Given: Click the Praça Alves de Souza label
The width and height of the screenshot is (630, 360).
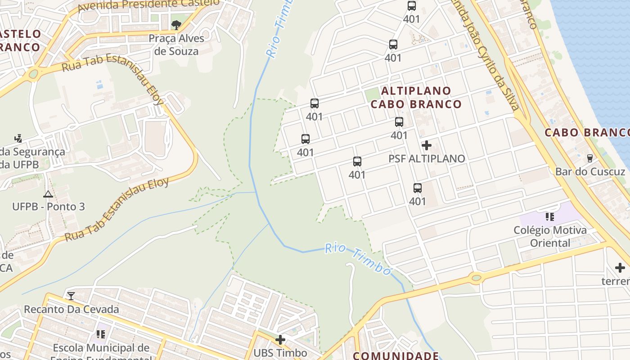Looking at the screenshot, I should (x=176, y=45).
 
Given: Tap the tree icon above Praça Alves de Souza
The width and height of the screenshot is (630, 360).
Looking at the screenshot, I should (x=176, y=25).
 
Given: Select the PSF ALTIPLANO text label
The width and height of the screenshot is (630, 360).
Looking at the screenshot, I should (x=427, y=158).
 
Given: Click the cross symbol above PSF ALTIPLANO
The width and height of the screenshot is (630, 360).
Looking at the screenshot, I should (x=427, y=145).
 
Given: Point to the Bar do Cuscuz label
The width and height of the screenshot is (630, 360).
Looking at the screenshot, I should (x=590, y=171).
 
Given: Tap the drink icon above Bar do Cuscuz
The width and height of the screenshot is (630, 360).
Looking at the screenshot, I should (x=589, y=158).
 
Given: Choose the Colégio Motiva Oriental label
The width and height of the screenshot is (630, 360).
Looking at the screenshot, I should (x=550, y=237).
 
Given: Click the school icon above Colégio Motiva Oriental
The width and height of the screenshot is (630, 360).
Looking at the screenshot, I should (x=549, y=217).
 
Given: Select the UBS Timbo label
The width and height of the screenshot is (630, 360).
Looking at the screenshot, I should (x=280, y=353).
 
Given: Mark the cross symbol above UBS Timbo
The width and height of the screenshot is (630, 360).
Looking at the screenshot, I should (x=280, y=339).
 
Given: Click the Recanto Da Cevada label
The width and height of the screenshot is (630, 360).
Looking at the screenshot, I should (x=71, y=309).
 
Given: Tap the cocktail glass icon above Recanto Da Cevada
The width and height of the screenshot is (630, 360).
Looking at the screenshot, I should (x=71, y=296).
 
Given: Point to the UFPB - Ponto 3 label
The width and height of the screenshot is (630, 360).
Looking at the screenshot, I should (x=48, y=207).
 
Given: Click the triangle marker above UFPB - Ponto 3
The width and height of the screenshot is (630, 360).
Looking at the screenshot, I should (x=48, y=194).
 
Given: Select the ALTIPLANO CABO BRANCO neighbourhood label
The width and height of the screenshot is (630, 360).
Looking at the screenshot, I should (x=416, y=98).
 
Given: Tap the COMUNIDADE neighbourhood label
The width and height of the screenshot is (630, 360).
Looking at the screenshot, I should (x=396, y=355).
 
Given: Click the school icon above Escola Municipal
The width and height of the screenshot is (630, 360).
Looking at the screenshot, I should (x=101, y=334).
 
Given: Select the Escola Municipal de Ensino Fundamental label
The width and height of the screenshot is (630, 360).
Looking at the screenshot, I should (x=101, y=351).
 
